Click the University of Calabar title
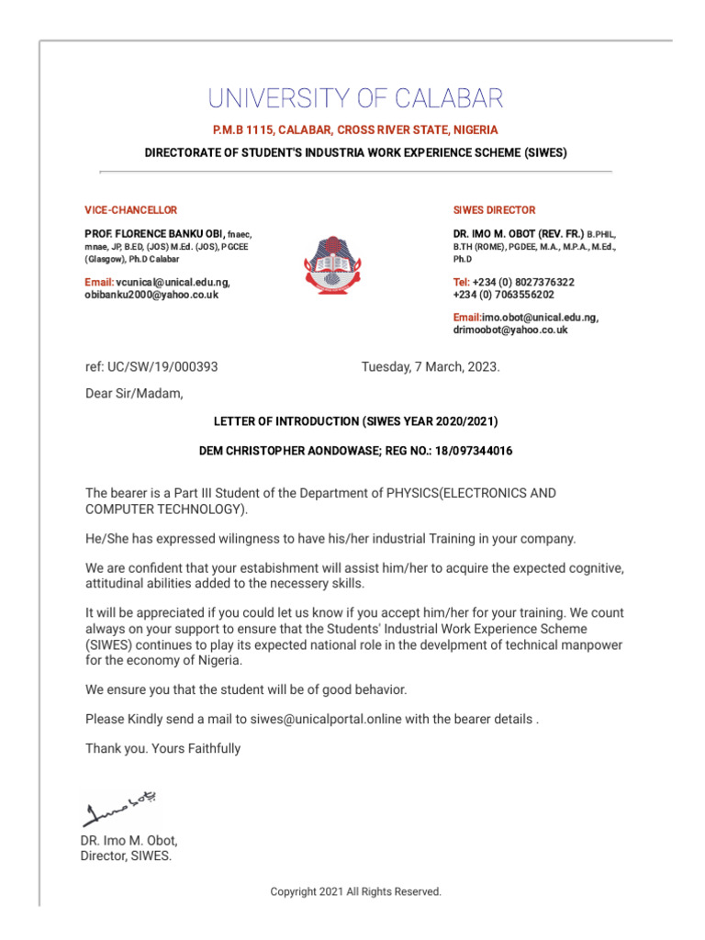355,98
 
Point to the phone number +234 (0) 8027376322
522,282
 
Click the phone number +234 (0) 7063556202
503,295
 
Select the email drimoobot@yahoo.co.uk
510,330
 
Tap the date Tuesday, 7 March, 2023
431,366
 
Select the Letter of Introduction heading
355,421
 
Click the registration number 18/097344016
466,451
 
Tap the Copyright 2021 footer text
355,891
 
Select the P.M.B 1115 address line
355,130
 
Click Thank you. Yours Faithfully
163,748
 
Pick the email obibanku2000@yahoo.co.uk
152,295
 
